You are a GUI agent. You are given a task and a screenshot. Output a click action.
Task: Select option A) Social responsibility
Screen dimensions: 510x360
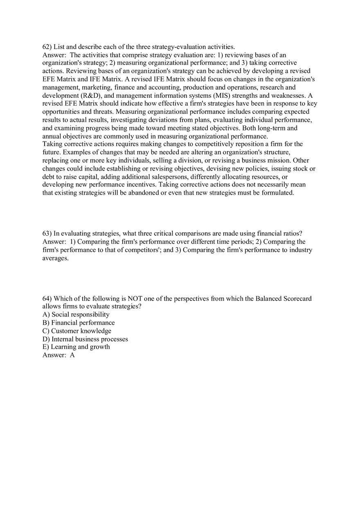coord(76,315)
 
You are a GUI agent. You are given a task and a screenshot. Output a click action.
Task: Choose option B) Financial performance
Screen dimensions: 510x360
coord(79,323)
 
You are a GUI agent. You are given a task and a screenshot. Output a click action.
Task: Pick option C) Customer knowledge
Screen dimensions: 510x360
coord(77,331)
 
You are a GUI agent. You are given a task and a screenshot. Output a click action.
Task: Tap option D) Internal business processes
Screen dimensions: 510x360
coord(85,339)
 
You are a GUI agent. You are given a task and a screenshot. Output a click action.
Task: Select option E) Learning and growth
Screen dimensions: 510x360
coord(76,347)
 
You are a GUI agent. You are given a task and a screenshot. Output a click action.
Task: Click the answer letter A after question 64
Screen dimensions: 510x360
coord(72,355)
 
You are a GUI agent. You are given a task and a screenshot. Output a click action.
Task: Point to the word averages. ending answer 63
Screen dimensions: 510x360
coord(55,258)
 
